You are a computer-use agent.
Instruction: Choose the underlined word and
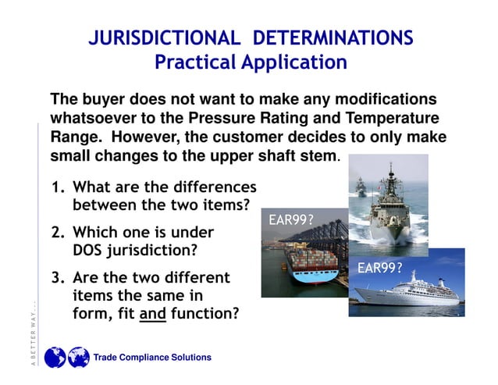point(152,315)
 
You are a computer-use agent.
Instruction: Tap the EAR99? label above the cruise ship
point(379,268)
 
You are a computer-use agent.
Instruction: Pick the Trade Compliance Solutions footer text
point(152,358)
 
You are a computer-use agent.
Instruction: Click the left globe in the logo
point(55,358)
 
